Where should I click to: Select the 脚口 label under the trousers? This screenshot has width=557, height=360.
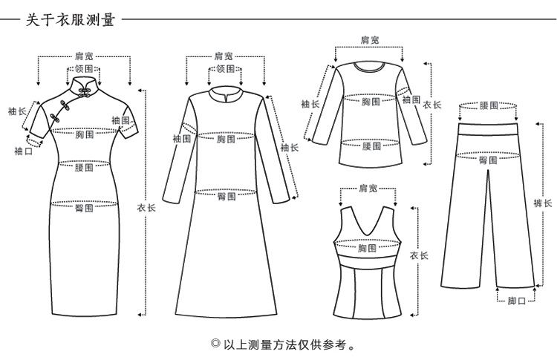point(516,301)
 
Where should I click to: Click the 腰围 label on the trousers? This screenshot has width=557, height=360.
point(489,106)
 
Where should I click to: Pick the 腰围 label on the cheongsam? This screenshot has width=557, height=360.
point(84,168)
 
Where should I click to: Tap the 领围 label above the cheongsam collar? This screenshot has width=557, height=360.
point(84,68)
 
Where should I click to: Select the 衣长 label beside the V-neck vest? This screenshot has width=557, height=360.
point(419,255)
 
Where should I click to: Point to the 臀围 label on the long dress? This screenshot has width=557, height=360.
point(227,196)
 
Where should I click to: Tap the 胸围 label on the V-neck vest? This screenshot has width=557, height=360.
point(367,248)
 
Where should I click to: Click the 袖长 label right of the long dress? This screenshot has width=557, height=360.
point(289,148)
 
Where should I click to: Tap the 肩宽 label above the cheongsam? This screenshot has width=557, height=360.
point(84,55)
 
